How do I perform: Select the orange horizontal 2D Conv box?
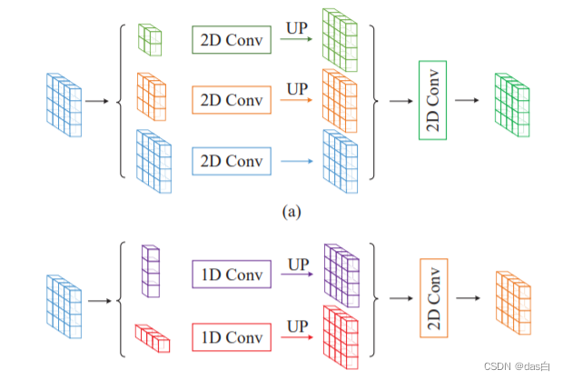(x=231, y=100)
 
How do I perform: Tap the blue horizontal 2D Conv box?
(x=231, y=161)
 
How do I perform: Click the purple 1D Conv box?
(x=231, y=275)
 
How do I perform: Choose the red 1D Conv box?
(x=231, y=336)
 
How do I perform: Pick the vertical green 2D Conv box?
(x=431, y=101)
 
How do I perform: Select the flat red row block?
(x=153, y=339)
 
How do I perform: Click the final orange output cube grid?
(x=512, y=297)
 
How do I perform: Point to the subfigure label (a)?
(x=290, y=212)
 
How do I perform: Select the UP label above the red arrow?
(x=297, y=325)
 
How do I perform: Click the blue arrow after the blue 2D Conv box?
(x=297, y=162)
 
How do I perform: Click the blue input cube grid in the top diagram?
(x=64, y=105)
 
